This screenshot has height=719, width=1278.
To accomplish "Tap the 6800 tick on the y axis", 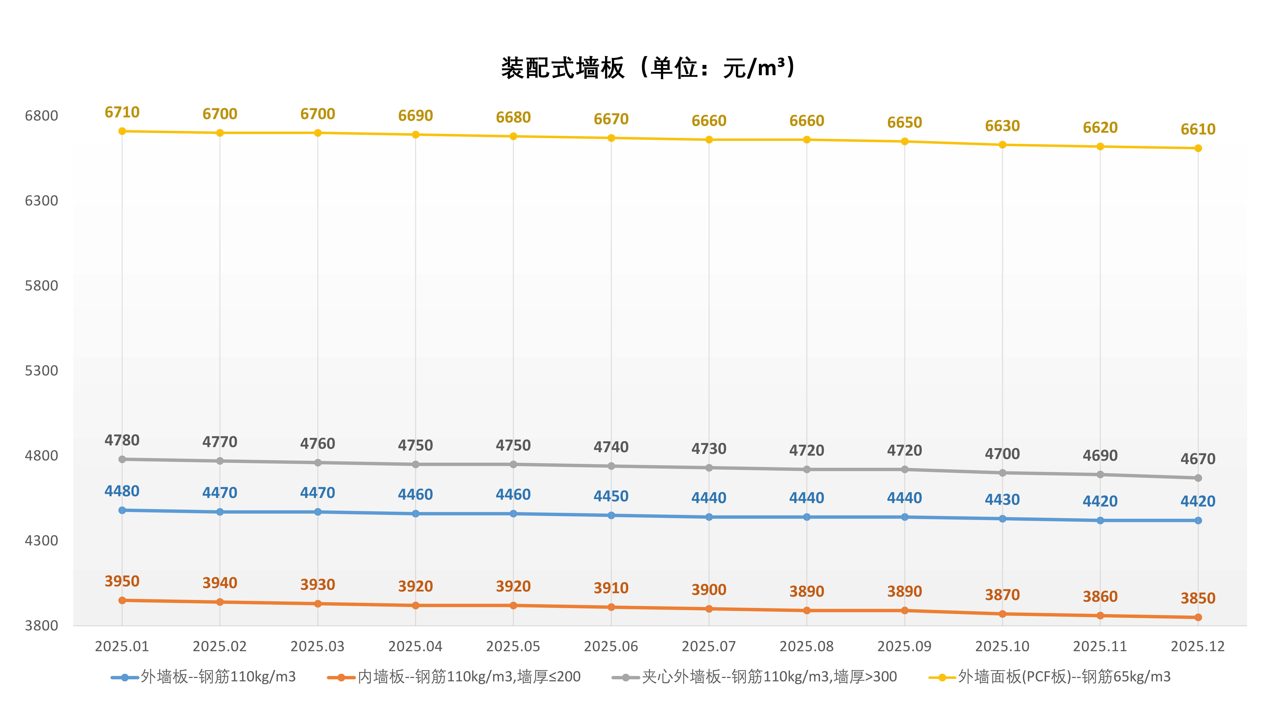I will (42, 116).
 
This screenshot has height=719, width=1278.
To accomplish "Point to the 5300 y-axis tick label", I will (42, 371).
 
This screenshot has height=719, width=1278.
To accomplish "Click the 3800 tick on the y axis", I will (42, 625).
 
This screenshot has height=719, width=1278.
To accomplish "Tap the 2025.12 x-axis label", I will (1198, 646).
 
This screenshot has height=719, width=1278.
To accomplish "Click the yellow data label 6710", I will (122, 112).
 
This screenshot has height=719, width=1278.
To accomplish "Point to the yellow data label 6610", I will (1198, 129).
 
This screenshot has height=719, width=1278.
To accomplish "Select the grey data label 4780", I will (122, 440).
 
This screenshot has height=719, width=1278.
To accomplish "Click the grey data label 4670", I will (1198, 459).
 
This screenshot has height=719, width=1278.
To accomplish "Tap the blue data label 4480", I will (122, 491).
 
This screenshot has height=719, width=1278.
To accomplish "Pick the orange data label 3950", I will (122, 581).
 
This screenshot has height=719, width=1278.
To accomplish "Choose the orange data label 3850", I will (1198, 599).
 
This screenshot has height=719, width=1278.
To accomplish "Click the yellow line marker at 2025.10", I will (1002, 145).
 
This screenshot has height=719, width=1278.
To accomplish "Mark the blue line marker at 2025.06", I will (611, 516).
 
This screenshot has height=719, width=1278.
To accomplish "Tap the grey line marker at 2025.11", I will (1100, 475).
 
